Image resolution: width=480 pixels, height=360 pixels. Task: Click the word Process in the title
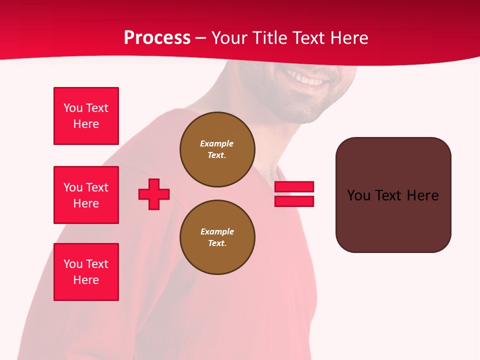click(157, 38)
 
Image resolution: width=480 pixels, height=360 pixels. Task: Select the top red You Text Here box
click(86, 116)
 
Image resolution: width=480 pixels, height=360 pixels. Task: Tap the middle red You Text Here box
click(86, 195)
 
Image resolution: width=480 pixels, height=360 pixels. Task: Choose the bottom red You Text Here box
click(86, 272)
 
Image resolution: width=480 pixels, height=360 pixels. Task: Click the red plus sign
click(154, 194)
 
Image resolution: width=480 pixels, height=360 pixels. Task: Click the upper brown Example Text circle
click(217, 149)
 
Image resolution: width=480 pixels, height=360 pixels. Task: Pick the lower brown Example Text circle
click(217, 237)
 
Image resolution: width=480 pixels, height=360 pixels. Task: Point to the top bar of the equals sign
click(294, 186)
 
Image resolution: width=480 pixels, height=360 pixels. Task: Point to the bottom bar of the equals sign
click(294, 201)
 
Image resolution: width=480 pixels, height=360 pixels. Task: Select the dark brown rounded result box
click(393, 195)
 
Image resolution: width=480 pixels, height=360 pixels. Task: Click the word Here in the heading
click(348, 38)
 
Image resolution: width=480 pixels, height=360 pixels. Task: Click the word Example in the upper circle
click(217, 143)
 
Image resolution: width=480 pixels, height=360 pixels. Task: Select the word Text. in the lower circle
click(217, 243)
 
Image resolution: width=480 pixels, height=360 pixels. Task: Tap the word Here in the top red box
click(86, 124)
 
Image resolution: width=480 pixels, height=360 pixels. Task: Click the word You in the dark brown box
click(358, 195)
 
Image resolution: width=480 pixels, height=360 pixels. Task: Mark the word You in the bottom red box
click(73, 264)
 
